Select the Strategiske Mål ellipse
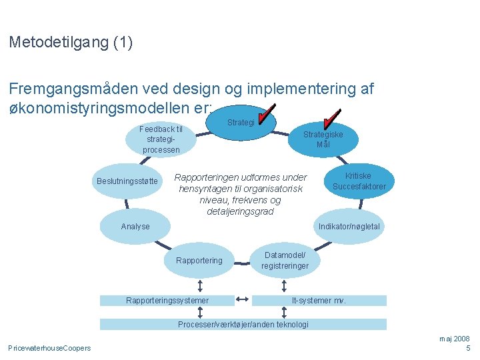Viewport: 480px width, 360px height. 323,139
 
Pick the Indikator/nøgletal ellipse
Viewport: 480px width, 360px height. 349,227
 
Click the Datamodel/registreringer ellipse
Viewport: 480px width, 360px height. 285,261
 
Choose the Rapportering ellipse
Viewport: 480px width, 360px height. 199,261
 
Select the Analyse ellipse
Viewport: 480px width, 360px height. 135,227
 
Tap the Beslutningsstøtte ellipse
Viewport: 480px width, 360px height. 127,181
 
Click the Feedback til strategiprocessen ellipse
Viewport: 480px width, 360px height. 161,139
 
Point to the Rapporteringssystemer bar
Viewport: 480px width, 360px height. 167,301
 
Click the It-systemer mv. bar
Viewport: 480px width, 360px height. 319,301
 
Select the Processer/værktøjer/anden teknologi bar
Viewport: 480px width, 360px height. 243,325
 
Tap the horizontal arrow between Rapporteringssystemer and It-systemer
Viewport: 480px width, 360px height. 243,300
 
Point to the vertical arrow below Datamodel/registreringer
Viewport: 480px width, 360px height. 285,284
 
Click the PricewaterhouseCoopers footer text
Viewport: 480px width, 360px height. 49,348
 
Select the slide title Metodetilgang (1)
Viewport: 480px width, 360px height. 71,43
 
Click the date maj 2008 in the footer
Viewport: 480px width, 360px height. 455,339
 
